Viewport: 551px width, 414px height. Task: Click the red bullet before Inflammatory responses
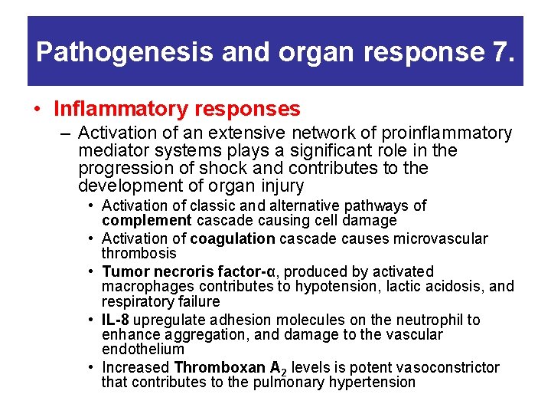[37, 110]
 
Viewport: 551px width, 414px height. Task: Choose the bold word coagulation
[233, 238]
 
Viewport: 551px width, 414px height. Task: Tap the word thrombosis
[139, 253]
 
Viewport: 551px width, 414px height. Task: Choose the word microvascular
[439, 238]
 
